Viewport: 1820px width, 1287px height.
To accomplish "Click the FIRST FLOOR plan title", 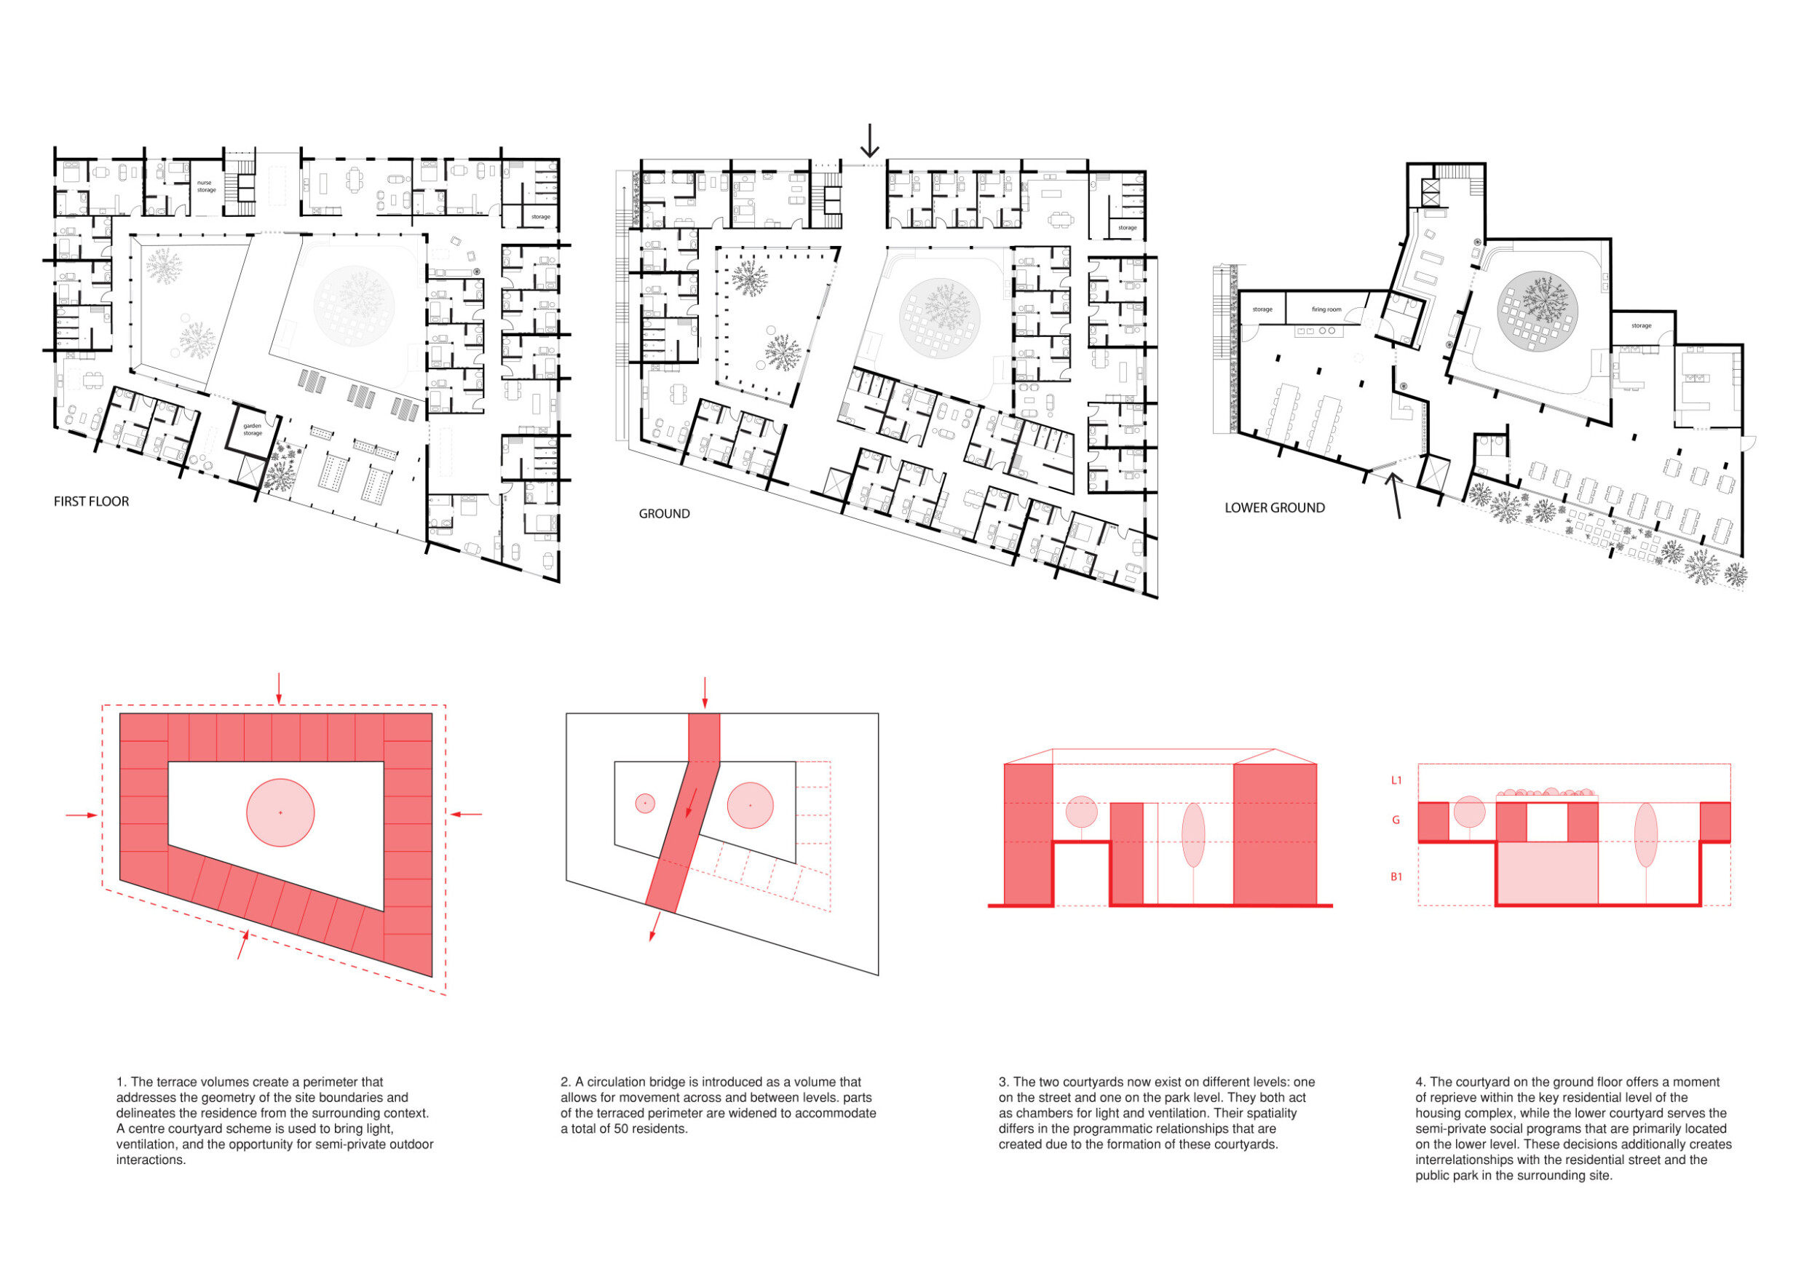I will (x=91, y=502).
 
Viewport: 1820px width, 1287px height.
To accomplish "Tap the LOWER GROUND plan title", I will (x=1274, y=508).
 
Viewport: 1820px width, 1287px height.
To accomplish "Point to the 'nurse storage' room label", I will (x=206, y=186).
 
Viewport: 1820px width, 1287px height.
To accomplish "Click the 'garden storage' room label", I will (x=252, y=429).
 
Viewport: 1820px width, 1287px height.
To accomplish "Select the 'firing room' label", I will (x=1326, y=309).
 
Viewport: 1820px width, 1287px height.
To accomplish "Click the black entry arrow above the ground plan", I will (x=869, y=141).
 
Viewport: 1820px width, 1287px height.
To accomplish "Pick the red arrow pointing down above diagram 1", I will (x=278, y=687).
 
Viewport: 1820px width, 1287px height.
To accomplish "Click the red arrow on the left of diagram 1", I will (x=82, y=814).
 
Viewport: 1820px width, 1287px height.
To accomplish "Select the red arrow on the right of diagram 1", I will (x=466, y=813).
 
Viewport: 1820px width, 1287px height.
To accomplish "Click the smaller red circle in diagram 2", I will (x=645, y=803).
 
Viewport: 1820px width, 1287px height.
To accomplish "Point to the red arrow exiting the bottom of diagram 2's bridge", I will (x=653, y=927).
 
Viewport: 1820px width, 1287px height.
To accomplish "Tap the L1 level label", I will (x=1397, y=780).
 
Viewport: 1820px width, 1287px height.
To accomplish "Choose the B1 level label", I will (x=1397, y=876).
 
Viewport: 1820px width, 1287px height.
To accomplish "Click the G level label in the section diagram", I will (x=1397, y=820).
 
